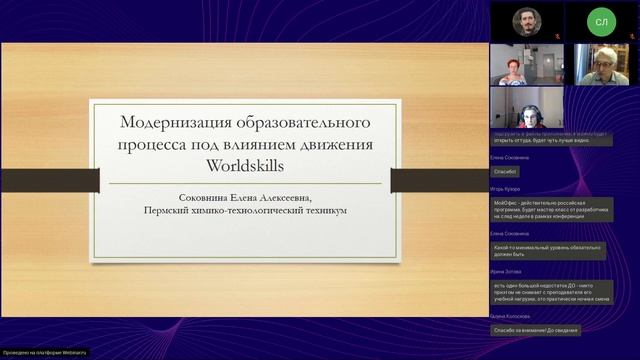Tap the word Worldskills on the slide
pos(245,165)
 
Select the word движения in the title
pos(337,145)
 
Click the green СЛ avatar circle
pos(602,21)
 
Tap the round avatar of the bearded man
pos(527,21)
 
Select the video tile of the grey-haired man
pos(601,64)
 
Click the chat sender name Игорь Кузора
pos(509,186)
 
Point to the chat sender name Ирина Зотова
pos(508,271)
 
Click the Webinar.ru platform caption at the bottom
pos(44,353)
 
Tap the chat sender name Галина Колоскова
pos(511,315)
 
